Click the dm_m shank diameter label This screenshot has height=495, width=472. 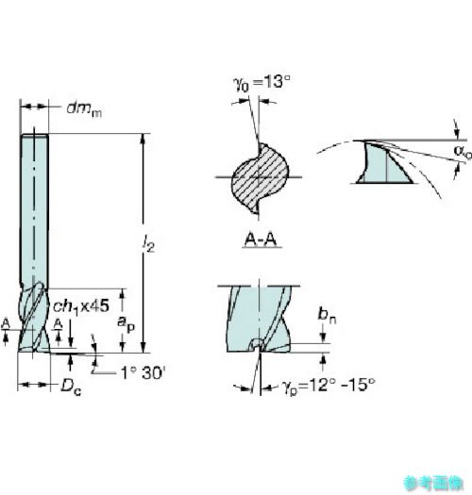[x=84, y=109]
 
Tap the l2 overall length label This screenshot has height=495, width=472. [x=147, y=243]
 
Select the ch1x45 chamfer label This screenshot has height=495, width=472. [x=81, y=306]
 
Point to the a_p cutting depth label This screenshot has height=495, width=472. [x=126, y=324]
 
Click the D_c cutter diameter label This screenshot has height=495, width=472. [x=71, y=387]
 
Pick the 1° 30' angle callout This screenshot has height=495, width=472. [x=143, y=372]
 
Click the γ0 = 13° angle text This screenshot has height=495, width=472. [x=261, y=83]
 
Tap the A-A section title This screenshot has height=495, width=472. [x=261, y=239]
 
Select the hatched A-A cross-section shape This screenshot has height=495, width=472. [x=260, y=178]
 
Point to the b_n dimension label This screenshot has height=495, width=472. [x=328, y=315]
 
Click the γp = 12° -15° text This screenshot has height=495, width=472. [x=329, y=386]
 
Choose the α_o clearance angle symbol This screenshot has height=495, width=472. [x=463, y=151]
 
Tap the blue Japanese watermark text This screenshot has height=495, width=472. [x=432, y=483]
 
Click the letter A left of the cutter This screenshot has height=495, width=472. [x=6, y=324]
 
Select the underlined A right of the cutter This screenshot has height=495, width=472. [x=58, y=324]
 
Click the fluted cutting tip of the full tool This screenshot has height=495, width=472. [x=34, y=317]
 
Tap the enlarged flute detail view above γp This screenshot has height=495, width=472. [x=259, y=319]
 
